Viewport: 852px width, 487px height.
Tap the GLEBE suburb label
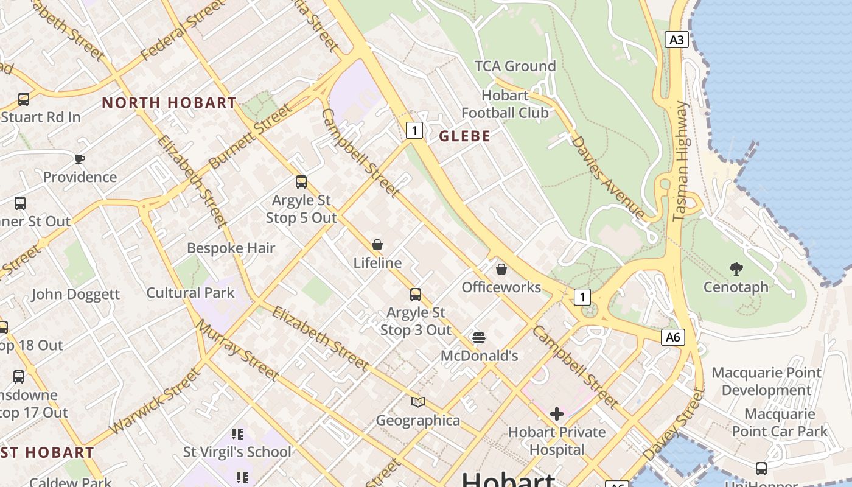(x=464, y=136)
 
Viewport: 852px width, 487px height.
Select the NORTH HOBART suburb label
(x=169, y=103)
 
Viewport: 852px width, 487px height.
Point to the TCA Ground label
(x=515, y=66)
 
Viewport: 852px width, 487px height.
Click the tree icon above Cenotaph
(x=736, y=268)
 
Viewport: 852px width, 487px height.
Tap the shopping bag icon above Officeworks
(x=501, y=268)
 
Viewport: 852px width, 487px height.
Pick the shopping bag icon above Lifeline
(x=377, y=245)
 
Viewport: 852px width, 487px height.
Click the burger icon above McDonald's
(x=479, y=337)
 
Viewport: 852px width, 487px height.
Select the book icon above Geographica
(x=417, y=402)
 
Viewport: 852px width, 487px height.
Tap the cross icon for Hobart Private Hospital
(x=556, y=414)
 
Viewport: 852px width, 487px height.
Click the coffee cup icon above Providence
(x=79, y=159)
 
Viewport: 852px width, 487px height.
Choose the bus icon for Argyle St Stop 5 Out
(x=301, y=181)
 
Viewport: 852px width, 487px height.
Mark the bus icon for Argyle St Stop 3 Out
(x=416, y=295)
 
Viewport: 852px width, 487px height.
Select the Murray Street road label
(x=237, y=349)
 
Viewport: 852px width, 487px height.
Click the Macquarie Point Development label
(x=766, y=381)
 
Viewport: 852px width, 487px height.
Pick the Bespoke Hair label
(x=231, y=248)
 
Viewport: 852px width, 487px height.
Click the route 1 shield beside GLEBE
(x=414, y=130)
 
